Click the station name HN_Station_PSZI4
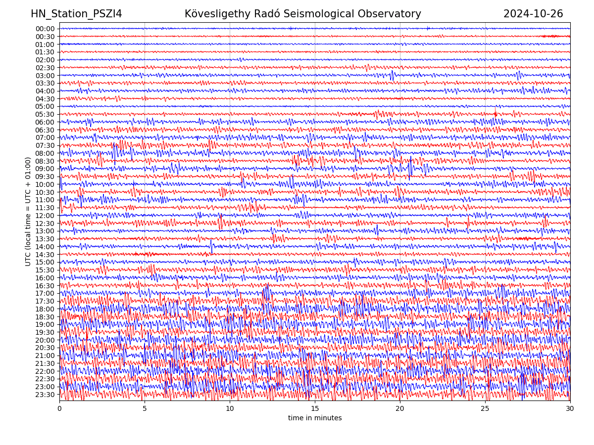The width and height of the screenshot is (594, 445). [x=76, y=14]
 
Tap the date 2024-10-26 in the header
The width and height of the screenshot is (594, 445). [x=533, y=14]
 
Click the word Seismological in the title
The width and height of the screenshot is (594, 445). [x=327, y=14]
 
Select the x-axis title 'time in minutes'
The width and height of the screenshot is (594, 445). [x=315, y=418]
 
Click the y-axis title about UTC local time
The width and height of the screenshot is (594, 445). [x=28, y=211]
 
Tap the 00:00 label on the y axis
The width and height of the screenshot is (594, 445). [x=45, y=29]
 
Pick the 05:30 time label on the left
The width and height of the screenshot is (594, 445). [x=45, y=114]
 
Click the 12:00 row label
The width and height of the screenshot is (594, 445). [x=45, y=216]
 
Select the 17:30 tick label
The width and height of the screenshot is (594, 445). [x=45, y=301]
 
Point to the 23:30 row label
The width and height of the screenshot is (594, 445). [x=45, y=395]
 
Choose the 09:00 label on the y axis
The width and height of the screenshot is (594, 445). [x=45, y=169]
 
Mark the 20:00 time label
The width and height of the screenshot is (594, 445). [x=45, y=340]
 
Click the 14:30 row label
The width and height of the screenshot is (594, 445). [x=45, y=255]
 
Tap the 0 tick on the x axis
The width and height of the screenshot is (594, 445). [x=59, y=409]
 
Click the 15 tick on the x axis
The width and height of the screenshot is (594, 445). [x=315, y=409]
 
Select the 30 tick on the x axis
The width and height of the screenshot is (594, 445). [x=570, y=409]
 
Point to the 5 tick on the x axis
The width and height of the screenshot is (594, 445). [x=145, y=409]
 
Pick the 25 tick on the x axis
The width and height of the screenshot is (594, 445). [x=485, y=409]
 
